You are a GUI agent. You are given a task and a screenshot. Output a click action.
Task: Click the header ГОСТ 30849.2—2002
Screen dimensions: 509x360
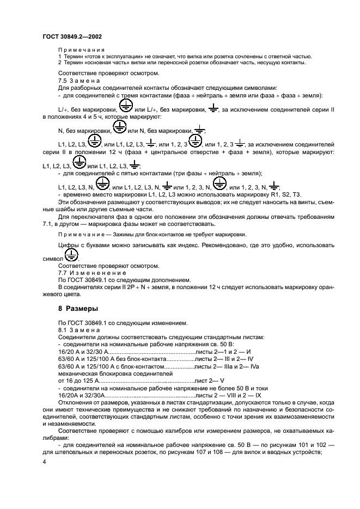pyautogui.click(x=72, y=36)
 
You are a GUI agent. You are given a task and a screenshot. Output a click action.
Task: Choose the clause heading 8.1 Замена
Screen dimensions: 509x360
pyautogui.click(x=76, y=330)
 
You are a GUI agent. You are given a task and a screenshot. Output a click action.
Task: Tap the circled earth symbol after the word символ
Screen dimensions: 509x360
pyautogui.click(x=71, y=256)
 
